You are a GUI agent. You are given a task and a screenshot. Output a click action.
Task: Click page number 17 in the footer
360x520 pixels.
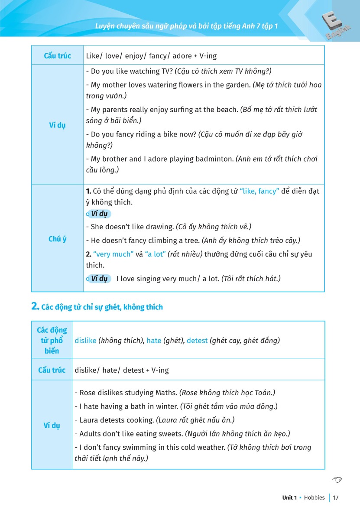click(x=336, y=498)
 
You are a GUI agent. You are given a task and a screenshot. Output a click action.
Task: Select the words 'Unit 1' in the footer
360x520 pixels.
click(x=289, y=498)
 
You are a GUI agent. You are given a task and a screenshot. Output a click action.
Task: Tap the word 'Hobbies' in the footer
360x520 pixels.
click(x=314, y=498)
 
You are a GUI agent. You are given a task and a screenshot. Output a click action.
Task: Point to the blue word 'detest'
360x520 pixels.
click(x=197, y=341)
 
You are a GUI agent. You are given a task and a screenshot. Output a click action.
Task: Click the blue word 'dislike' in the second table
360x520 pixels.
click(x=85, y=341)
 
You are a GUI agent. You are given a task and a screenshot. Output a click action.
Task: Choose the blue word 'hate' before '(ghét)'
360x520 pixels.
click(x=154, y=341)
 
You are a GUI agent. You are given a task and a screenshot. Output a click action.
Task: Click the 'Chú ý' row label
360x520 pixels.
click(x=58, y=239)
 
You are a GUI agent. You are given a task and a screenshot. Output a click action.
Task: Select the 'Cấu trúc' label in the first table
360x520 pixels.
click(x=58, y=56)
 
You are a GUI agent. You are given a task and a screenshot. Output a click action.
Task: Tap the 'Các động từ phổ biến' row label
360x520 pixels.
click(x=52, y=341)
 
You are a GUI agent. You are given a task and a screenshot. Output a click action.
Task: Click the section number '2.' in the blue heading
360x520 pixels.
click(x=36, y=307)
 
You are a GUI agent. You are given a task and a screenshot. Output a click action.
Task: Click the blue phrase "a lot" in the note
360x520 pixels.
click(x=155, y=254)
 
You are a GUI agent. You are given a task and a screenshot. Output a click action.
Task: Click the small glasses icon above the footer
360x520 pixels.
click(x=337, y=479)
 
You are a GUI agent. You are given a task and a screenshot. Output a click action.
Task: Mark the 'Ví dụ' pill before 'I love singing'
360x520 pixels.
click(x=99, y=279)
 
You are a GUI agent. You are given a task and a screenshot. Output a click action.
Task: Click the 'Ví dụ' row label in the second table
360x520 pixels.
click(x=52, y=425)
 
